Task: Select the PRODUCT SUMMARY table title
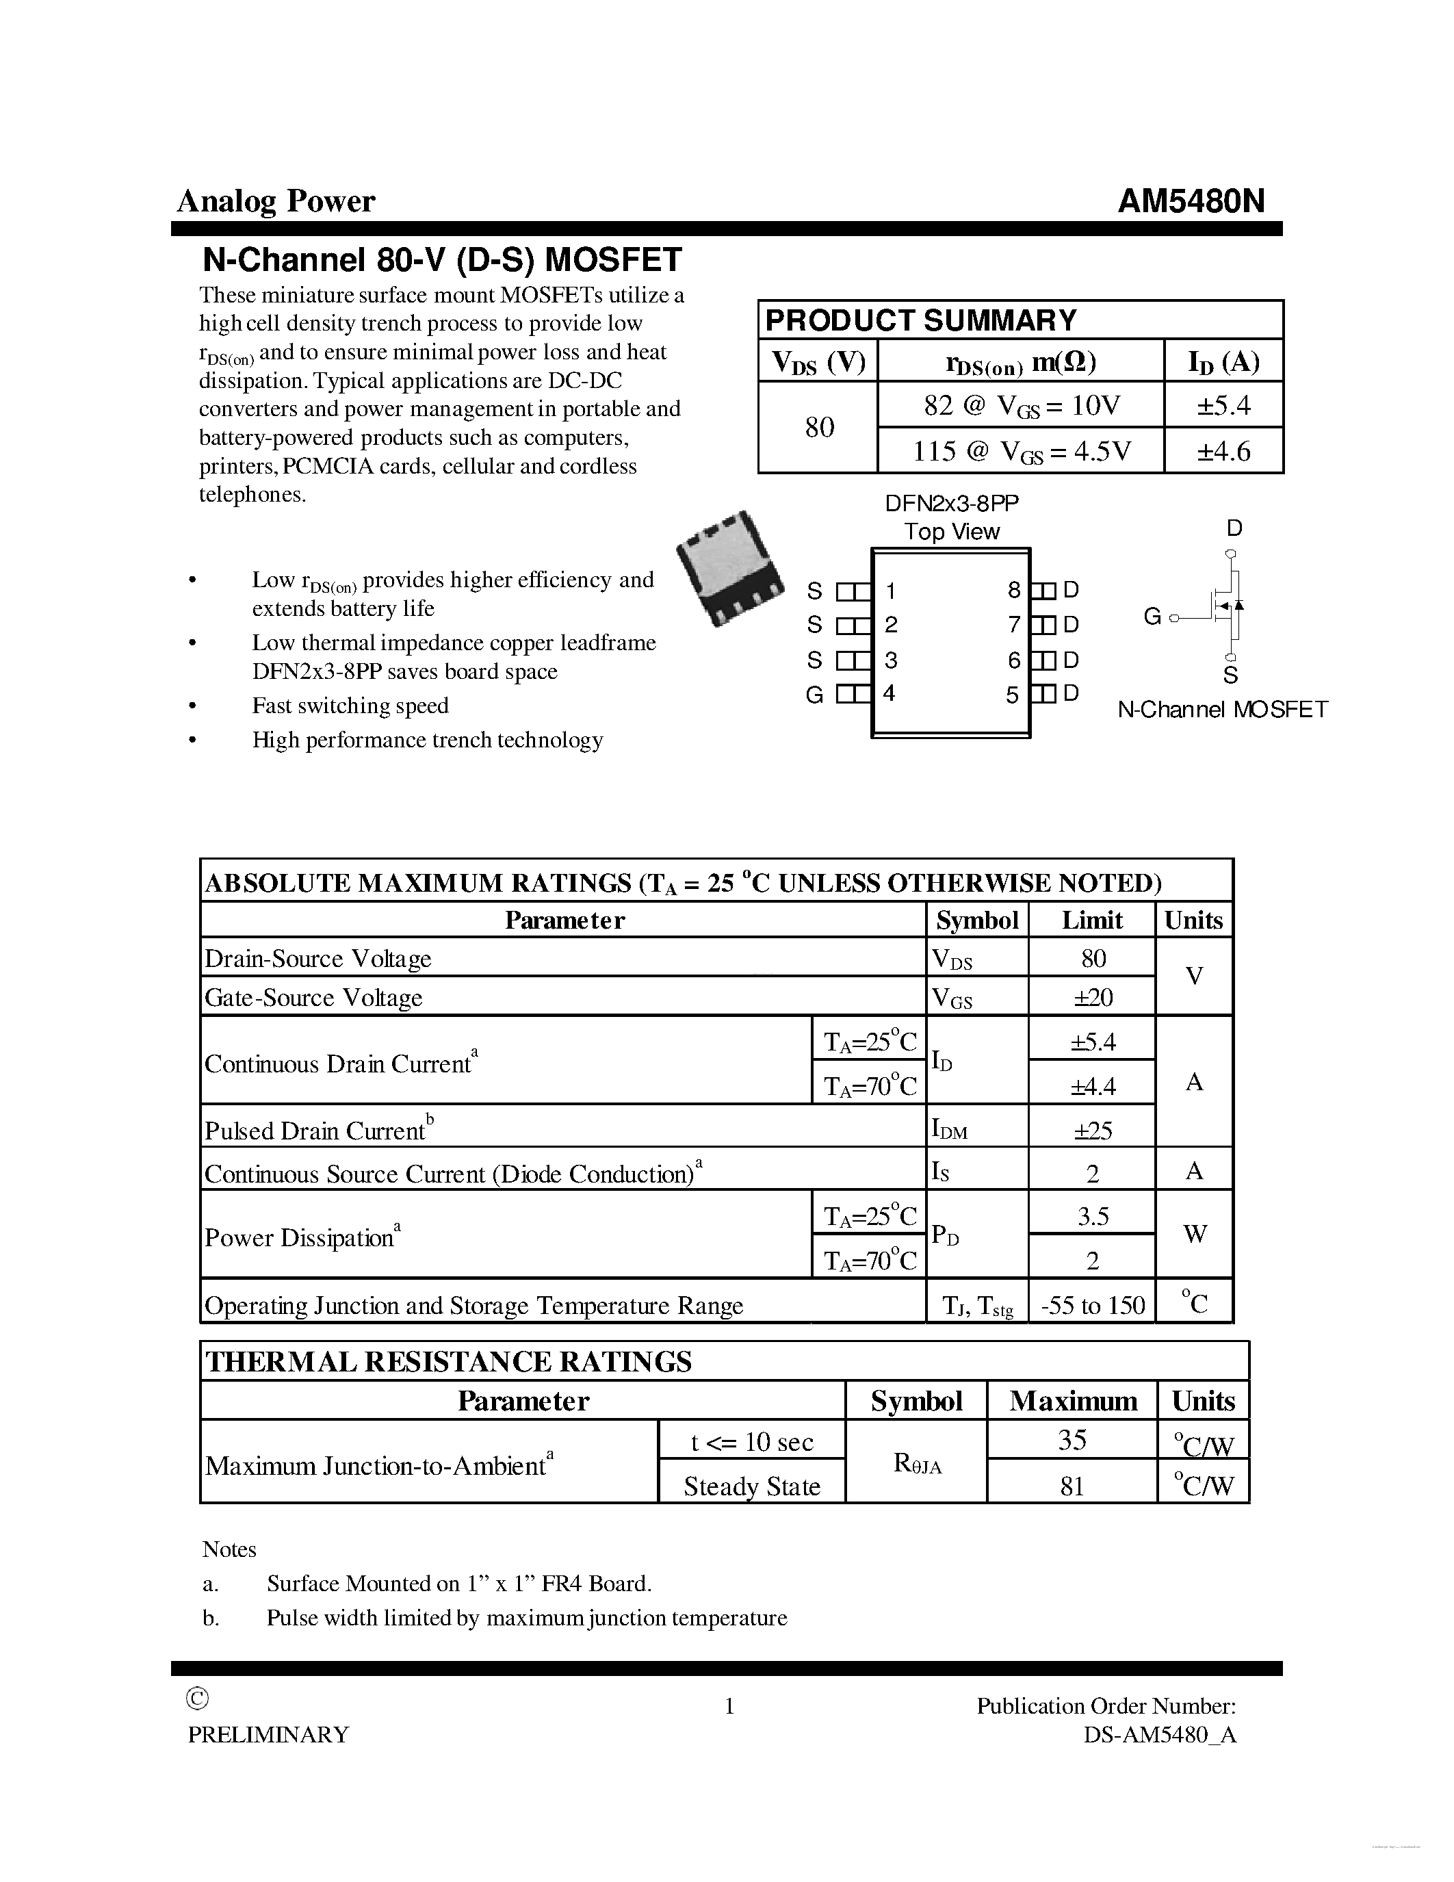click(920, 320)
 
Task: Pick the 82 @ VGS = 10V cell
click(1021, 405)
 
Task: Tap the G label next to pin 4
click(814, 695)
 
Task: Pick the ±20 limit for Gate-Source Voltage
click(1092, 997)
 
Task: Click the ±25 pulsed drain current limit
click(1092, 1130)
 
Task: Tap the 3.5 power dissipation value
click(1092, 1216)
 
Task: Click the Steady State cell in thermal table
click(751, 1486)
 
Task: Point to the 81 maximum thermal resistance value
click(1072, 1486)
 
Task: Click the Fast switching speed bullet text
click(350, 706)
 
